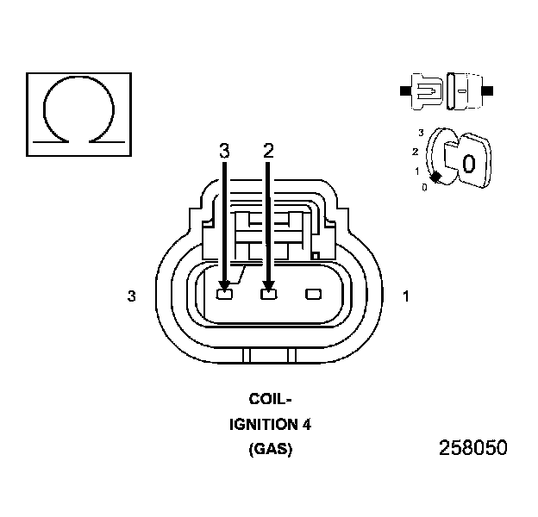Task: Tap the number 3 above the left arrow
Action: pyautogui.click(x=224, y=151)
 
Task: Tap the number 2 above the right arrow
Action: pyautogui.click(x=268, y=151)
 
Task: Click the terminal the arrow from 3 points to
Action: pyautogui.click(x=224, y=295)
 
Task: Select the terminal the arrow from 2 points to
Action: pyautogui.click(x=268, y=295)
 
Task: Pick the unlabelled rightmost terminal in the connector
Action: pyautogui.click(x=312, y=295)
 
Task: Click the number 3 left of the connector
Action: pyautogui.click(x=131, y=296)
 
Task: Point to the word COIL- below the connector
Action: pyautogui.click(x=270, y=400)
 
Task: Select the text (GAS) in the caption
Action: pyautogui.click(x=270, y=450)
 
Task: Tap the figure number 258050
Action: pyautogui.click(x=472, y=449)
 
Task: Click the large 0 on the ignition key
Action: pyautogui.click(x=468, y=164)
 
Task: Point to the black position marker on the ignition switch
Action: pyautogui.click(x=436, y=177)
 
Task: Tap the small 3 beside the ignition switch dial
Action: pyautogui.click(x=420, y=132)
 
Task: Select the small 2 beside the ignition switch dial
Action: pyautogui.click(x=415, y=151)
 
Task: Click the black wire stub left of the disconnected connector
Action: pyautogui.click(x=404, y=90)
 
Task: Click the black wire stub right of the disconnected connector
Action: pyautogui.click(x=487, y=90)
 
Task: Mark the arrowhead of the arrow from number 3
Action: pyautogui.click(x=224, y=283)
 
